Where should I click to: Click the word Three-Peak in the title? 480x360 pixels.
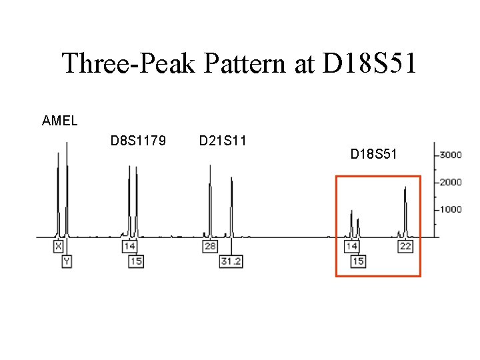coord(129,64)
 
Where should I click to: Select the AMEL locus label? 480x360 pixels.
coord(59,121)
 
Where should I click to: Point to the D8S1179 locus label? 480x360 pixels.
coord(139,141)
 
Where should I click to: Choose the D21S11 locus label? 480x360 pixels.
coord(223,141)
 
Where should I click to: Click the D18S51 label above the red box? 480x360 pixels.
coord(374,155)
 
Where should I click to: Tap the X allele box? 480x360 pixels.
coord(59,247)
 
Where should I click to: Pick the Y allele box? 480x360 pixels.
coord(67,261)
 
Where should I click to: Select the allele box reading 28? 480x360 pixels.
coord(209,247)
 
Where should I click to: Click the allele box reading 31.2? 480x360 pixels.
coord(231,261)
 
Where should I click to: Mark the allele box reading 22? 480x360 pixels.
coord(405,247)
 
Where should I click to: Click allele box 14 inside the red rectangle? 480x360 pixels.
coord(351,247)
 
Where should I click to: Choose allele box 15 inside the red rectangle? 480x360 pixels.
coord(358,261)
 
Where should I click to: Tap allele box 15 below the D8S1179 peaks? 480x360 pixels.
coord(136,261)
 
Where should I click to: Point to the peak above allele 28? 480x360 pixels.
coord(210,200)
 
